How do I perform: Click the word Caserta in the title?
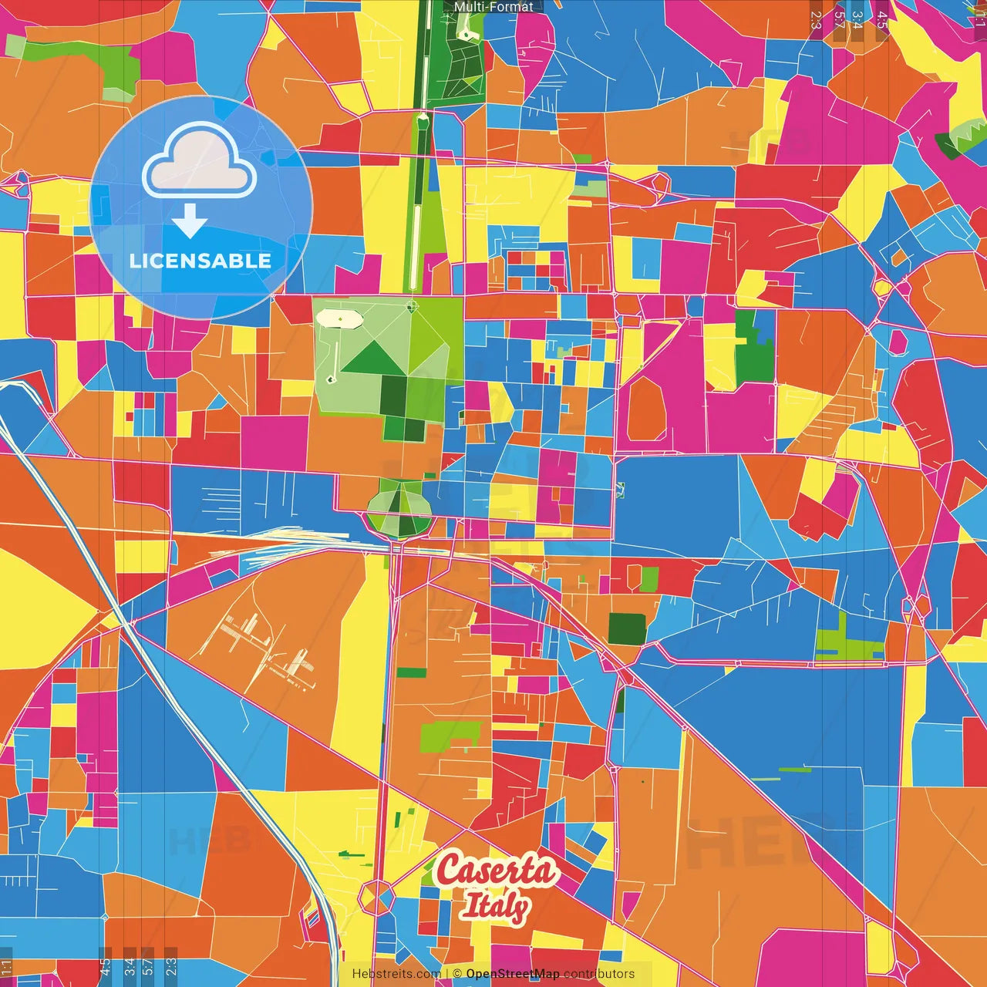pyautogui.click(x=496, y=871)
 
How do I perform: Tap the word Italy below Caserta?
pyautogui.click(x=496, y=906)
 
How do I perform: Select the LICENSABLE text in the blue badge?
pyautogui.click(x=200, y=261)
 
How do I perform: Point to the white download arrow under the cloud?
pyautogui.click(x=190, y=221)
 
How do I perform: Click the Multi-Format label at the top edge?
pyautogui.click(x=493, y=7)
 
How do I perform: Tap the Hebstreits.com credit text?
pyautogui.click(x=396, y=974)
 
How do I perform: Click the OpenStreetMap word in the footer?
pyautogui.click(x=512, y=974)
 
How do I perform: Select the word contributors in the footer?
pyautogui.click(x=599, y=974)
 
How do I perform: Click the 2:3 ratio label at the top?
pyautogui.click(x=815, y=19)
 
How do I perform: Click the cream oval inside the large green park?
pyautogui.click(x=337, y=318)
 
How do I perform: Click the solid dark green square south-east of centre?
pyautogui.click(x=627, y=628)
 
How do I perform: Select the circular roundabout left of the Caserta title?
pyautogui.click(x=376, y=898)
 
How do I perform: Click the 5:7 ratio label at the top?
pyautogui.click(x=838, y=19)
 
